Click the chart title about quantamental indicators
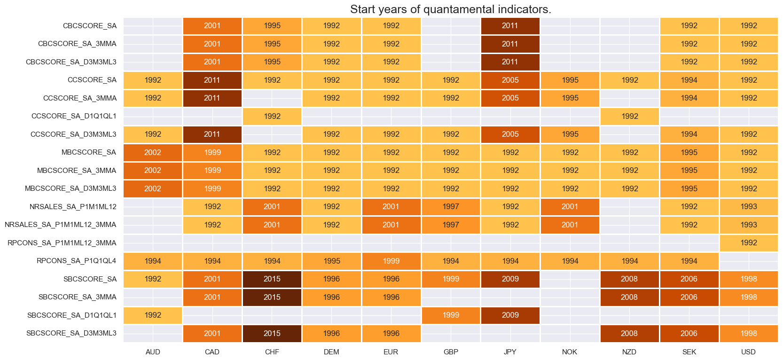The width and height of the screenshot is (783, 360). pos(450,9)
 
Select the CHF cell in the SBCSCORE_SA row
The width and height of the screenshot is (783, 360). pos(272,279)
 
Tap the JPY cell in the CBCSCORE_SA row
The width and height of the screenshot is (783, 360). pos(510,26)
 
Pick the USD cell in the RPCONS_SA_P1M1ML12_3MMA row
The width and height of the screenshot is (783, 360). pos(748,243)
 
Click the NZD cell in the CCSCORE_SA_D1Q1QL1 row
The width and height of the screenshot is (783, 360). pos(629,116)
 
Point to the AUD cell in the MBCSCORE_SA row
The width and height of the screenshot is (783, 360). pos(153,152)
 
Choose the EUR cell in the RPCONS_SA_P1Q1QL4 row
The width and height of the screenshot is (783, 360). pos(391,261)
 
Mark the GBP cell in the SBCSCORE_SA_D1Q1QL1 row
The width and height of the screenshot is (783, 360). pos(450,315)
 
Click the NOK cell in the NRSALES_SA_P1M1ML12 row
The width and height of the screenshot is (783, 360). pos(570,206)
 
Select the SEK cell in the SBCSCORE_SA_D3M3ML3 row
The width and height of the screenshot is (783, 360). pos(689,333)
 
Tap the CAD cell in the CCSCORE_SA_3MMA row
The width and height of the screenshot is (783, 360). pos(212,98)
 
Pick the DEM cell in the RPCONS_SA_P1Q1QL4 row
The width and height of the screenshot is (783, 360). pos(331,261)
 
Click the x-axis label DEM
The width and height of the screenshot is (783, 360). pos(331,352)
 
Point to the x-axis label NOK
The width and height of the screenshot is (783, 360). pos(570,352)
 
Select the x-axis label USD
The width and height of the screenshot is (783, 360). pos(748,352)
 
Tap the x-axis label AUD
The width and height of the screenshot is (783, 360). pos(153,352)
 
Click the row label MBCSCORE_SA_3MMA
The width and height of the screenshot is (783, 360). pos(77,170)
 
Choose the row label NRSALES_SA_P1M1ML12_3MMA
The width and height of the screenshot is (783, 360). pos(60,225)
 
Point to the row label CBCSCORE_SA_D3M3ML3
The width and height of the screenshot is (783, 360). pos(71,62)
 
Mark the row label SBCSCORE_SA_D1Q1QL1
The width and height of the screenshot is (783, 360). pos(71,315)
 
